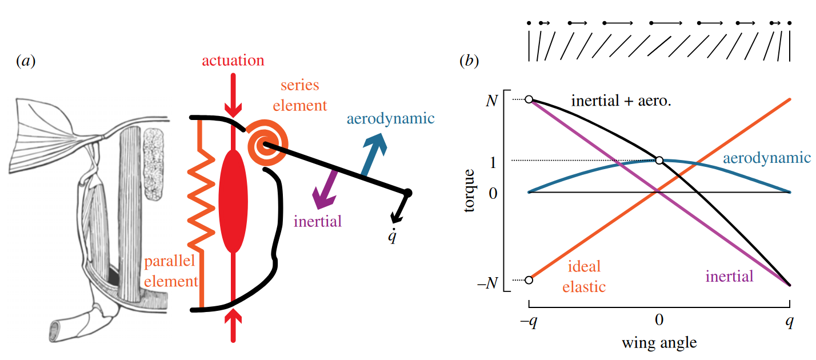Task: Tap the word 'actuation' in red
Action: [233, 61]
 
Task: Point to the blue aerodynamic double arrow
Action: [374, 155]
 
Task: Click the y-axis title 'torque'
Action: [470, 190]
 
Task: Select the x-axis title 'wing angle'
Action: [659, 343]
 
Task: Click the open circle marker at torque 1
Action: [659, 161]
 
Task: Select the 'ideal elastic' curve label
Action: [583, 277]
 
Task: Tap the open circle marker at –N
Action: [529, 280]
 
